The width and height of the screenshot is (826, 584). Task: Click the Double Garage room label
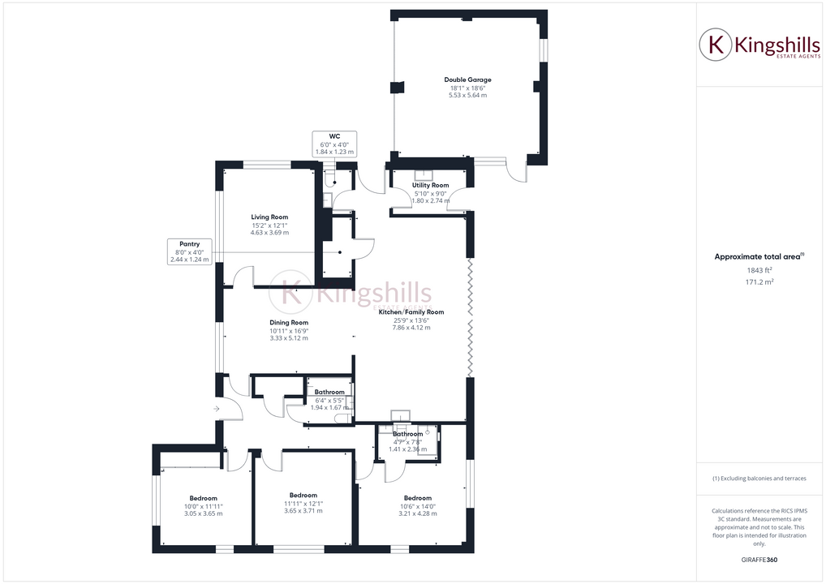(x=467, y=79)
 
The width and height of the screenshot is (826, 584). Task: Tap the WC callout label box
(x=334, y=144)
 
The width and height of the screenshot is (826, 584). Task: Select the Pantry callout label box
(x=188, y=251)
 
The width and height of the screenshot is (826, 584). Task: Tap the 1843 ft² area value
(x=759, y=270)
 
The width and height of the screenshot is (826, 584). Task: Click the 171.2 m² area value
(x=759, y=282)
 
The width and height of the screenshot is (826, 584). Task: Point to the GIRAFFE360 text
(x=759, y=559)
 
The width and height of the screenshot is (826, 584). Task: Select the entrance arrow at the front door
(x=216, y=409)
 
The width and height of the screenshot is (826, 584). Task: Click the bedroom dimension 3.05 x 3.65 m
(x=203, y=513)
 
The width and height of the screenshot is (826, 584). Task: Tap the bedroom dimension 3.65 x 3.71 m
(x=303, y=511)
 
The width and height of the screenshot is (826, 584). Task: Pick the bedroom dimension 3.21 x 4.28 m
(x=418, y=513)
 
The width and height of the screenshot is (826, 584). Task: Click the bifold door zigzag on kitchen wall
(x=470, y=316)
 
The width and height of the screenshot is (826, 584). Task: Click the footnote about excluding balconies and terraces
(x=759, y=479)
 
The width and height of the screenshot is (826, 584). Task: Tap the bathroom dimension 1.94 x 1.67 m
(x=329, y=407)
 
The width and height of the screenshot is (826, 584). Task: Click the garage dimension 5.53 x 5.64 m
(x=467, y=96)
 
